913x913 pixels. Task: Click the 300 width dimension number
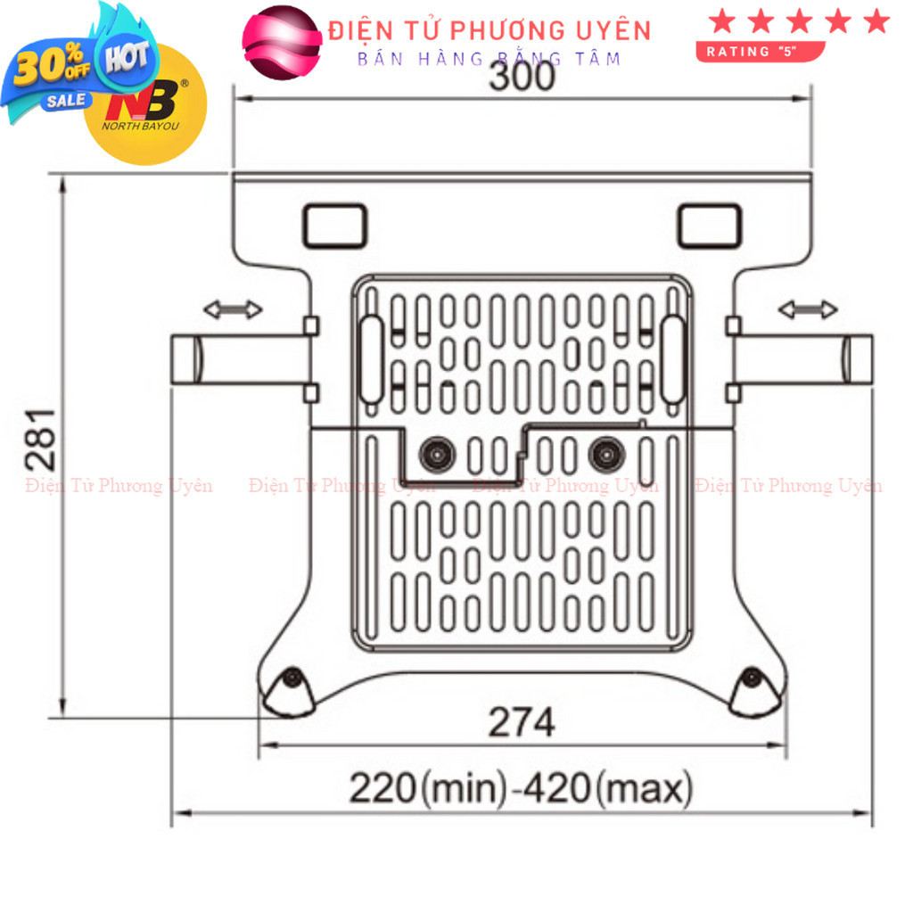click(522, 77)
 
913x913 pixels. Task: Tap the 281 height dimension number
click(41, 440)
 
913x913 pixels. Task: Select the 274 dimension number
click(522, 722)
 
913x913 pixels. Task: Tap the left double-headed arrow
click(233, 309)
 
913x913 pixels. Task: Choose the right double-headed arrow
click(808, 309)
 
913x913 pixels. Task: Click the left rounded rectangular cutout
click(335, 226)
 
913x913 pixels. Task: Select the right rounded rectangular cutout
click(709, 226)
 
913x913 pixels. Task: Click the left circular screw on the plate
click(437, 454)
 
